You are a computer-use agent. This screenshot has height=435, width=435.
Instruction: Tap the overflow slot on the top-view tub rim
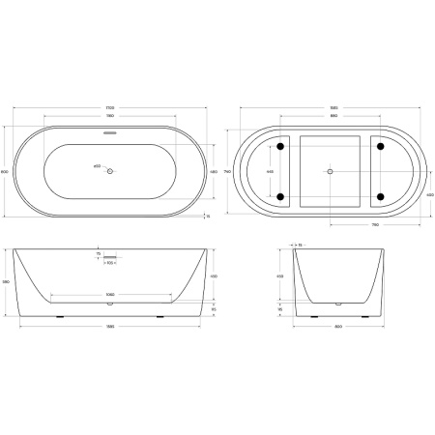coord(110,135)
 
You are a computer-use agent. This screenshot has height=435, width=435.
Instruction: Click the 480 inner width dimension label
coord(212,171)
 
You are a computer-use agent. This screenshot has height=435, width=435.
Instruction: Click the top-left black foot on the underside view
coord(280,146)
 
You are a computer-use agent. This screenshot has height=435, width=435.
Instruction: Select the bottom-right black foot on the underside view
coord(380,197)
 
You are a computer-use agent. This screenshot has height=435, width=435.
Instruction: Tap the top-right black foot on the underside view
coord(380,146)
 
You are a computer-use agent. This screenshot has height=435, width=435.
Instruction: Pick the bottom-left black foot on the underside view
coord(280,197)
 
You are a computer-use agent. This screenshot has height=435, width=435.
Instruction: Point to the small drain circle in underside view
coord(331,171)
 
